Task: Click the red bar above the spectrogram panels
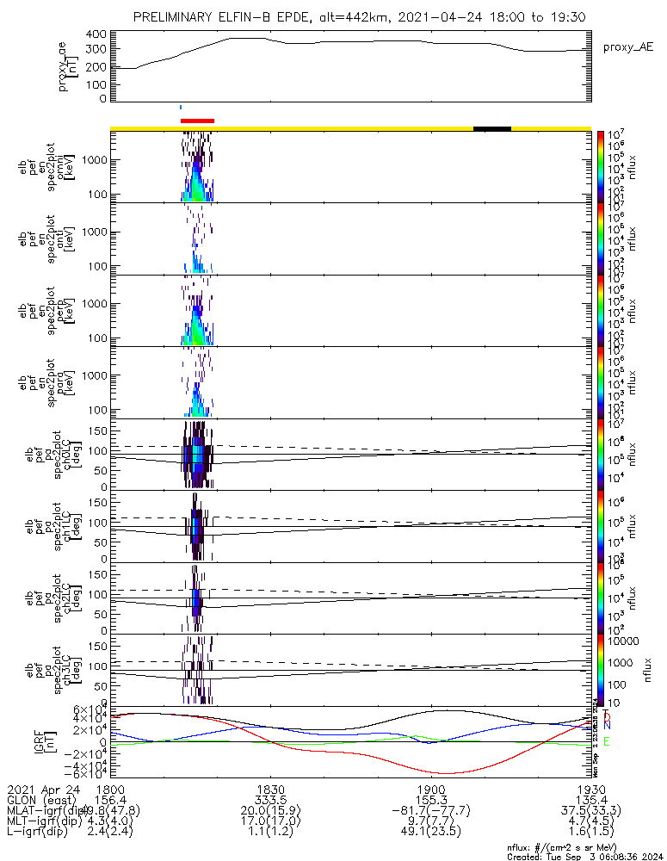point(197,121)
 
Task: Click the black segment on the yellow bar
point(492,128)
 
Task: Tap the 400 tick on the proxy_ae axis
point(96,34)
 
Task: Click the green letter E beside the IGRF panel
point(607,741)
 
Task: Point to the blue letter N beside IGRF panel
point(607,727)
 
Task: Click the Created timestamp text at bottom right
point(585,857)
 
